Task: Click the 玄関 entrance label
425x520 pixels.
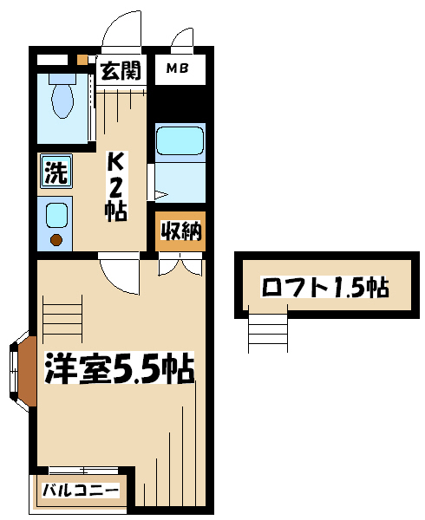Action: point(121,70)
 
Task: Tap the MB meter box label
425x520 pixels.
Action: point(178,68)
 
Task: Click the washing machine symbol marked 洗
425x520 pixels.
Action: point(56,171)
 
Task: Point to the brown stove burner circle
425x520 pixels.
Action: point(56,240)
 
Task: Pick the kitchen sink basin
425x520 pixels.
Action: point(56,216)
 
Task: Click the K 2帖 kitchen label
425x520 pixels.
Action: point(115,186)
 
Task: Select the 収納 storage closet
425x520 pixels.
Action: point(180,231)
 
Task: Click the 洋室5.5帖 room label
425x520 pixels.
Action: point(120,368)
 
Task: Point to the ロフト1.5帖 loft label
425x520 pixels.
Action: point(324,287)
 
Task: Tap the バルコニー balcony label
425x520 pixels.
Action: point(81,490)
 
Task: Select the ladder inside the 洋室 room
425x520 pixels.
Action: point(62,319)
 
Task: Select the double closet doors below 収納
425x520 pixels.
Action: point(180,264)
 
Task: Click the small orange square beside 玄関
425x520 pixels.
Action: point(82,60)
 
